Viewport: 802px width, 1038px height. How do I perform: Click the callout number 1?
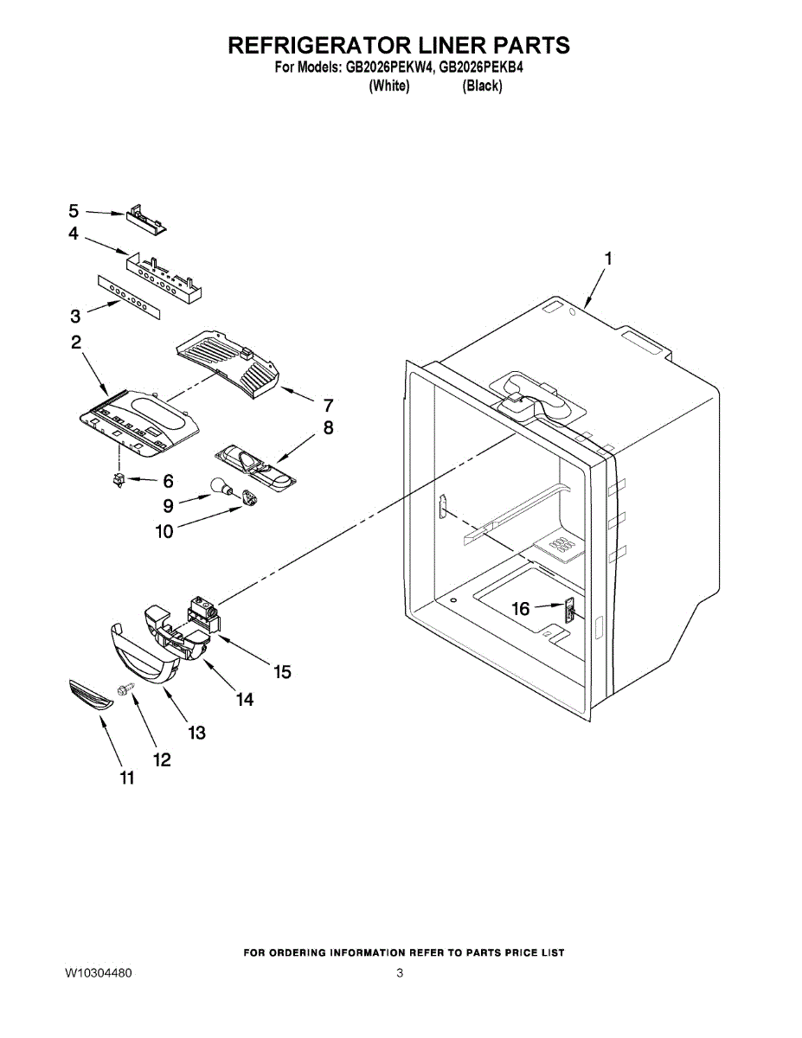pos(609,258)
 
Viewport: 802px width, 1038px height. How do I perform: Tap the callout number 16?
pos(520,610)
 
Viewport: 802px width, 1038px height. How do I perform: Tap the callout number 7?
pos(328,404)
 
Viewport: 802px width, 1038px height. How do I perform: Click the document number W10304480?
pos(98,973)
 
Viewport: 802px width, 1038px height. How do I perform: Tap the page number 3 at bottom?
pos(400,973)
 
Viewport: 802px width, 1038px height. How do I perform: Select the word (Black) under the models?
pos(482,86)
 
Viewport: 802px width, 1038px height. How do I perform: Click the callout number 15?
pos(282,671)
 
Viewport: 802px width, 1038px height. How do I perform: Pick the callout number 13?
pos(197,733)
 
